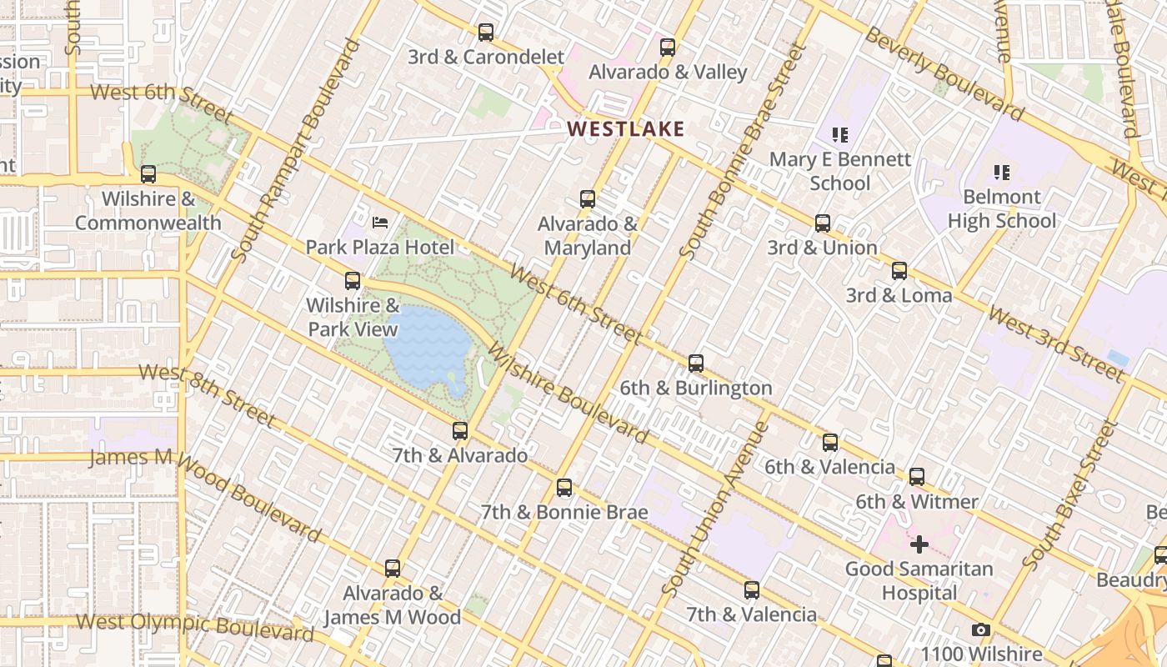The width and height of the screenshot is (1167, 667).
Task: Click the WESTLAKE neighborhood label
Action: tap(625, 128)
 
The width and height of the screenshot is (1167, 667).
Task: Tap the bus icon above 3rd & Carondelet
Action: tap(486, 33)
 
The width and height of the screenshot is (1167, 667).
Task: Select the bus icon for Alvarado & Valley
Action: tap(668, 48)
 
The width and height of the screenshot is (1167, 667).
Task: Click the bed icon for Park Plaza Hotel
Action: tap(380, 223)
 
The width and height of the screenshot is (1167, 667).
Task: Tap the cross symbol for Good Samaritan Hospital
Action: tap(919, 544)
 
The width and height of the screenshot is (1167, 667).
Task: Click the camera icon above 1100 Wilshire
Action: tap(981, 630)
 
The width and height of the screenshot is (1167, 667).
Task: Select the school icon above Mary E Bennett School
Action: tap(839, 134)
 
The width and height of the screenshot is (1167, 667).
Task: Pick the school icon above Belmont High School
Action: tap(1001, 173)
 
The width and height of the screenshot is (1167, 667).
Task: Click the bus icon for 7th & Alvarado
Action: tap(460, 431)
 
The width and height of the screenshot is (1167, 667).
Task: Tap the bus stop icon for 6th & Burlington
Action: tap(696, 364)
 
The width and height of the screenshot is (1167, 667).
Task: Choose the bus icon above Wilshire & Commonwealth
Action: tap(148, 174)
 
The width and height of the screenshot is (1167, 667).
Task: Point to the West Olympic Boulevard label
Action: tap(194, 626)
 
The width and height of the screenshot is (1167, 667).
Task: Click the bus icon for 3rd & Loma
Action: tap(899, 271)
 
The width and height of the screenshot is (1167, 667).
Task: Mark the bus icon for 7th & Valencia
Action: tap(752, 590)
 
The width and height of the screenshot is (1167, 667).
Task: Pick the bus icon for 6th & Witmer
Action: tap(917, 478)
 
